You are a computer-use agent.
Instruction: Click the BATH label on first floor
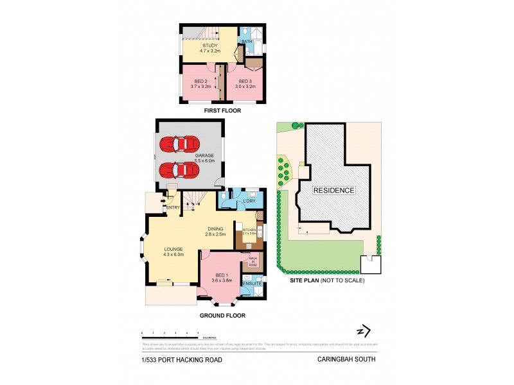tap(246, 42)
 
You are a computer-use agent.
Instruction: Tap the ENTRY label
tap(172, 207)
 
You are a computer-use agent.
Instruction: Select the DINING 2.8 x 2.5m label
tap(217, 232)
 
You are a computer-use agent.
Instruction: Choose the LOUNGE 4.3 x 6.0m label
tap(173, 252)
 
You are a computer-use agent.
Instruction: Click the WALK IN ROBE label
tap(254, 261)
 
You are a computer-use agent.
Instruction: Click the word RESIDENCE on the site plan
tap(333, 191)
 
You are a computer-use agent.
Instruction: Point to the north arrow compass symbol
tap(364, 331)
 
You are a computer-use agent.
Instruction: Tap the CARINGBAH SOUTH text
tap(346, 359)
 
